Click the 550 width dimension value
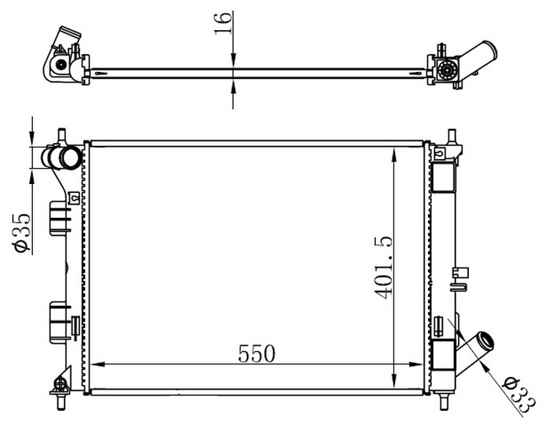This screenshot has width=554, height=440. coord(256,353)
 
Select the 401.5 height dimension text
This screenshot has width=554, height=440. coord(383,268)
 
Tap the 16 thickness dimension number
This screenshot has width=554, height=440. coord(223,23)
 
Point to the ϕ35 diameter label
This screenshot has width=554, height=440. coord(21,233)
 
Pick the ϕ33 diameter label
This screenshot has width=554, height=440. coord(520,395)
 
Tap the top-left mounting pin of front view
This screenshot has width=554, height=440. coord(62,136)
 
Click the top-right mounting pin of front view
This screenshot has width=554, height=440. coord(451,136)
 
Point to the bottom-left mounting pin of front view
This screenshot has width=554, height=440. coord(61,402)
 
